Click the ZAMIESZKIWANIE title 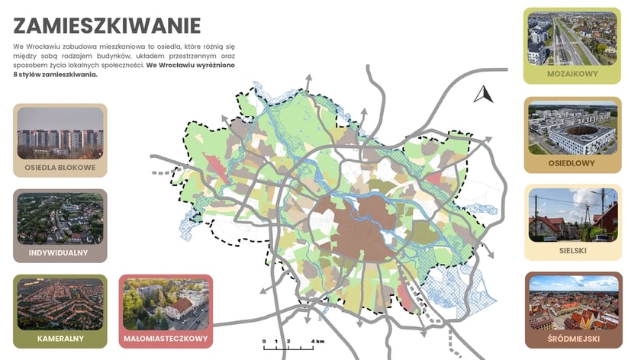tap(107, 25)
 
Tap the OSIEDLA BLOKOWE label tap(60, 167)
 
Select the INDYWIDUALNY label tap(60, 252)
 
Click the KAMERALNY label tap(60, 337)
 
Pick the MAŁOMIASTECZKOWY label tap(166, 337)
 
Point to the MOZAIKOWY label tap(572, 75)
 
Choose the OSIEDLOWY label tap(572, 163)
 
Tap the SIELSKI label tap(572, 249)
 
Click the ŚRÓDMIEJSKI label tap(572, 338)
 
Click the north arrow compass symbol tap(483, 95)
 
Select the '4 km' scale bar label tap(317, 340)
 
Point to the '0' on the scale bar tap(264, 340)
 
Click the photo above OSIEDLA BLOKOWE tap(60, 133)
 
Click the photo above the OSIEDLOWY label tap(572, 127)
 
